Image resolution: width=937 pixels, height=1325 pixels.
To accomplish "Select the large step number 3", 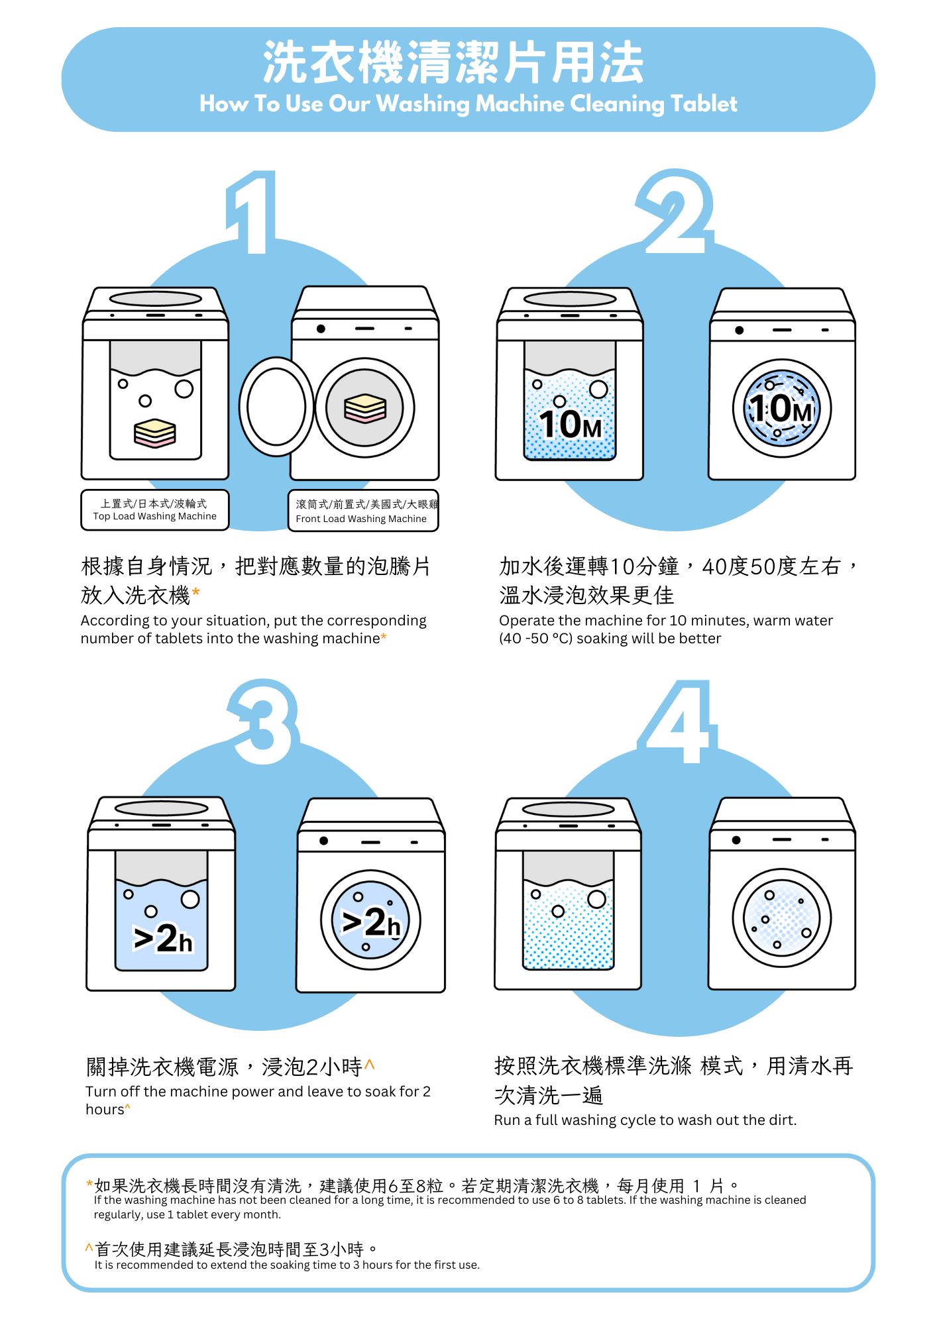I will click(x=264, y=722).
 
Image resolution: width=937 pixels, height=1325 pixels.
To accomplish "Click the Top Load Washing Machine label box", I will click(x=155, y=510).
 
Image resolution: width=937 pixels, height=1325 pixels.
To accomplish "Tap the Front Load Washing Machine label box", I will click(x=363, y=511).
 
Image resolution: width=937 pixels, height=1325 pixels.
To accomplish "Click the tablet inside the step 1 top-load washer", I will click(x=155, y=433).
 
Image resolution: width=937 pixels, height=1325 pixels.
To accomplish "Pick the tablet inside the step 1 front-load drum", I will click(x=365, y=408).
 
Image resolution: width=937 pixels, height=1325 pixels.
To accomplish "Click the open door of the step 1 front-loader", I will click(x=276, y=407).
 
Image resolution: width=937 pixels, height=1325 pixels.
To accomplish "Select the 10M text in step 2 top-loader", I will click(x=570, y=425).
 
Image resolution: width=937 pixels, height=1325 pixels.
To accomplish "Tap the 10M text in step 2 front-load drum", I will click(x=781, y=409).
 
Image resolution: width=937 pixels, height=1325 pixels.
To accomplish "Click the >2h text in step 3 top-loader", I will click(x=163, y=939).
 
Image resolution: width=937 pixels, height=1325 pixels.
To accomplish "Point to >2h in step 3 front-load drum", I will click(x=371, y=922).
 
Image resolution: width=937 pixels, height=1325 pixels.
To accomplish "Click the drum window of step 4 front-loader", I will click(x=782, y=918).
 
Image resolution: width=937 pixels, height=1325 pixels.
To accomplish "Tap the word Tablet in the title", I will click(x=704, y=104).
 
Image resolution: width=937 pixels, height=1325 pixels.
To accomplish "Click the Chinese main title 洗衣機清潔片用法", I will click(x=454, y=63).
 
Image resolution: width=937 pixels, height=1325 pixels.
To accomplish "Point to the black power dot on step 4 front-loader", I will click(x=736, y=840).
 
